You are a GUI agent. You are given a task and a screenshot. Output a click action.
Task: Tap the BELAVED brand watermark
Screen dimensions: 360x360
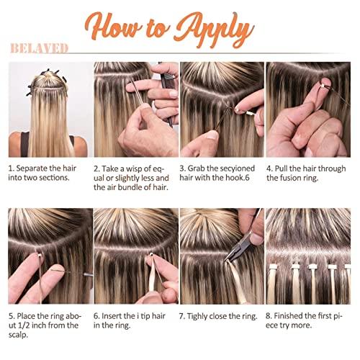39,48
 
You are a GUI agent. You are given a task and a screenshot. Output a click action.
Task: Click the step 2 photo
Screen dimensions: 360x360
136,109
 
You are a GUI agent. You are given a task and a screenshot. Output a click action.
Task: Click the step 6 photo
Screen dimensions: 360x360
136,256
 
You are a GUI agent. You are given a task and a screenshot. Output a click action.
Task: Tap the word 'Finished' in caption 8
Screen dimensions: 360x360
296,315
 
